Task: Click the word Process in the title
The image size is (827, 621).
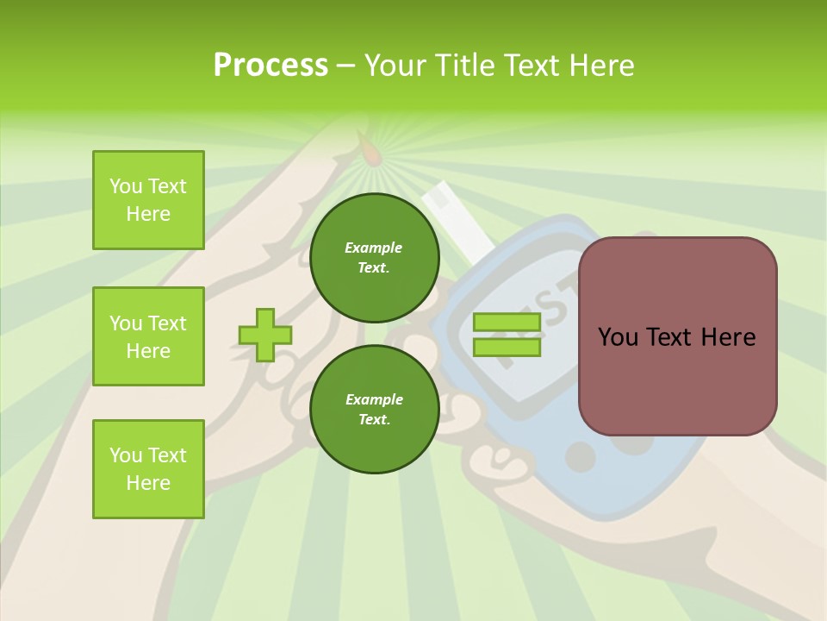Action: coord(270,66)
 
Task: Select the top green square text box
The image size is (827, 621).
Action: coord(148,200)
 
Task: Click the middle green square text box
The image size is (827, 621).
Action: coord(148,336)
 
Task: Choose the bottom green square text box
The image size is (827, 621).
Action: coord(148,469)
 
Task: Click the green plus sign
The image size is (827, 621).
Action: coord(265,335)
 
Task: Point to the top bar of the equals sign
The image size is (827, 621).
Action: coord(507,323)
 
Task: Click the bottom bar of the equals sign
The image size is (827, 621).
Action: coord(507,348)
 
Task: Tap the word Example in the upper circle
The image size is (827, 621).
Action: coord(374,248)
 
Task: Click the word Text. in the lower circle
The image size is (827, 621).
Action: coord(374,420)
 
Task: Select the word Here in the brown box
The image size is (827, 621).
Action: coord(729,337)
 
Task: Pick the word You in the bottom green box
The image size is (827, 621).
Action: coord(126,455)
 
